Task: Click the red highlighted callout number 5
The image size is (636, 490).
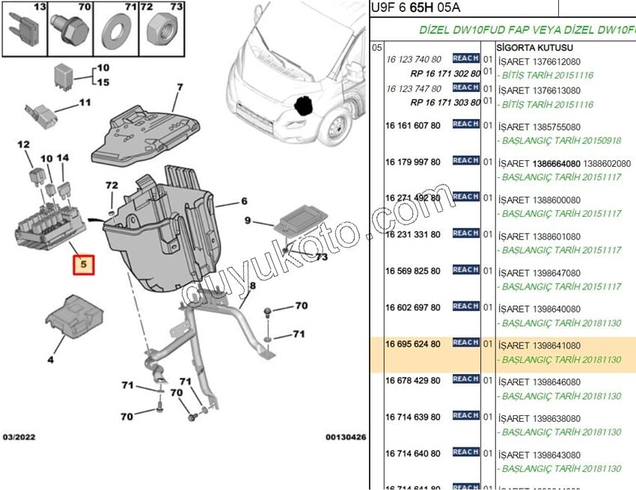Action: point(84,264)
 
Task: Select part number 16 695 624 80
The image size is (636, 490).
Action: point(412,343)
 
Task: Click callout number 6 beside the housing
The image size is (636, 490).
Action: point(243,201)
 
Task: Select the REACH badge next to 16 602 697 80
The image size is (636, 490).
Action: point(465,306)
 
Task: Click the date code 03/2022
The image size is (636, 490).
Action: point(19,437)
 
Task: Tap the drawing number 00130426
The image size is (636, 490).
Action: point(345,437)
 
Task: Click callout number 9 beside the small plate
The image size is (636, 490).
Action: point(248,221)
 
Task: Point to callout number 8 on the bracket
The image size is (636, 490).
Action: point(252,286)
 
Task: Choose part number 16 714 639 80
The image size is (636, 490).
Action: point(412,417)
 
